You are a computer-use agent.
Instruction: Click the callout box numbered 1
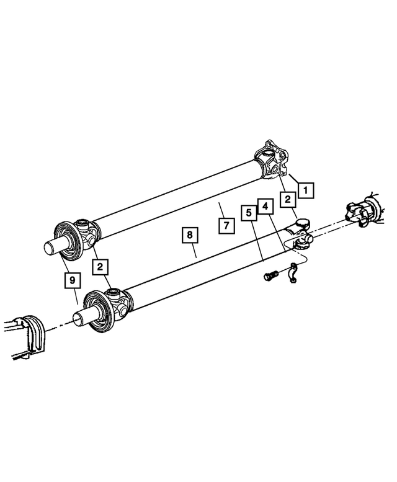pyautogui.click(x=305, y=190)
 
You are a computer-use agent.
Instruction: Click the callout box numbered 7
pyautogui.click(x=226, y=226)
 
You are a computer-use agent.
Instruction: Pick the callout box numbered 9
pyautogui.click(x=73, y=281)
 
